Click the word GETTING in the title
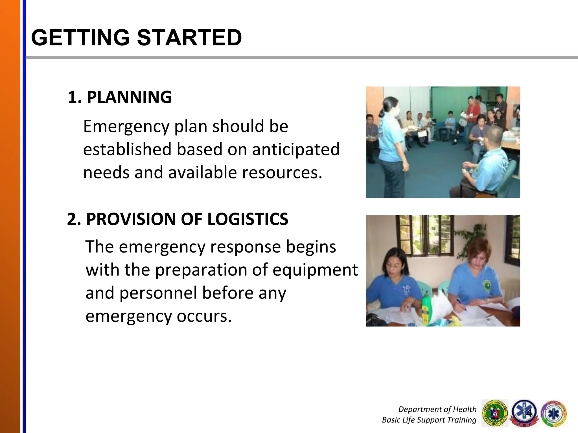pos(80,37)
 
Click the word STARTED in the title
pos(189,37)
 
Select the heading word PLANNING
pos(129,97)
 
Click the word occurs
pos(204,316)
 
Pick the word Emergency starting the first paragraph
pos(126,126)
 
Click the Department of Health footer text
pos(437,409)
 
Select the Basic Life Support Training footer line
pos(429,420)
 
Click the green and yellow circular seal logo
pos(495,413)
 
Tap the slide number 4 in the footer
pos(529,413)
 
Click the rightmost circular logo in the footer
pos(554,413)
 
